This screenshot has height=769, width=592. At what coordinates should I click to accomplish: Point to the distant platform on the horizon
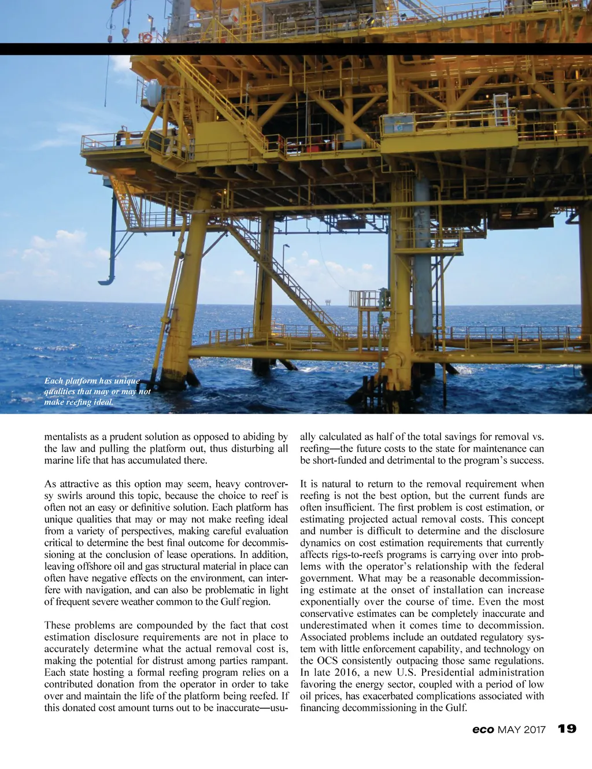pyautogui.click(x=328, y=302)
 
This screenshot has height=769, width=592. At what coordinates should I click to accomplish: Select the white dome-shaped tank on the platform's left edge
pyautogui.click(x=153, y=93)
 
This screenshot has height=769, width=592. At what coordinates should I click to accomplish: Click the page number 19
pyautogui.click(x=567, y=729)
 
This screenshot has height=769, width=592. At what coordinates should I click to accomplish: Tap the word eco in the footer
pyautogui.click(x=483, y=730)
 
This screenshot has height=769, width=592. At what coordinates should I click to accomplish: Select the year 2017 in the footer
pyautogui.click(x=535, y=730)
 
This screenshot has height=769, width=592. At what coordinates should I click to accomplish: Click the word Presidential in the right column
pyautogui.click(x=454, y=672)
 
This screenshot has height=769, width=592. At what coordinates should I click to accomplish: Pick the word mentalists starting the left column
pyautogui.click(x=65, y=437)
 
